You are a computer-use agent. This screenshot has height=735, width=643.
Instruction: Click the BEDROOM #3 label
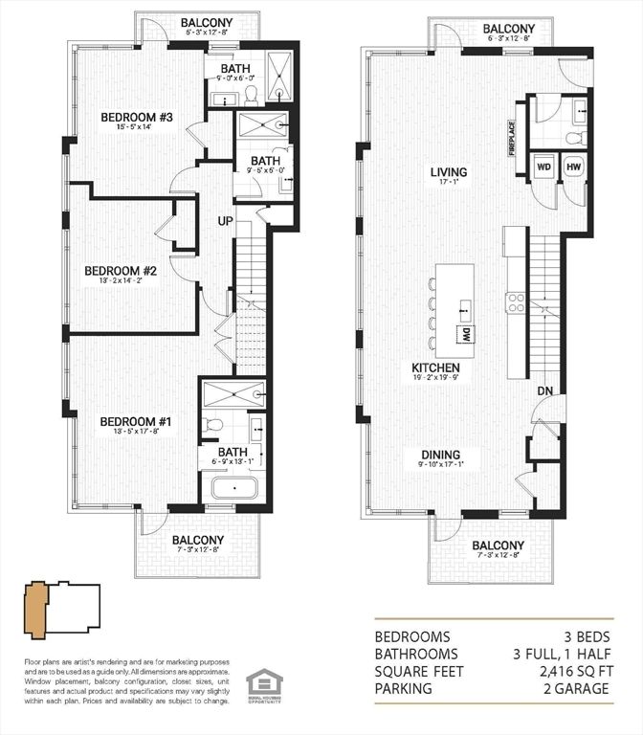click(137, 118)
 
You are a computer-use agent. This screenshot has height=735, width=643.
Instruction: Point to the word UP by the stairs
click(227, 220)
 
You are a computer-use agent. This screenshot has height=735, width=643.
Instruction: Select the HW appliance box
click(573, 167)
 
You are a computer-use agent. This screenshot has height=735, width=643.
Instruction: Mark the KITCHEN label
click(435, 367)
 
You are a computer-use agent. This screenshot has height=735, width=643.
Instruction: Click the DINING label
click(439, 455)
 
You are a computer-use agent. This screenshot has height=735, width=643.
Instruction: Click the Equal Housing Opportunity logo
click(258, 686)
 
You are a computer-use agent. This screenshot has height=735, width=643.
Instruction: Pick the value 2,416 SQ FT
click(584, 671)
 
